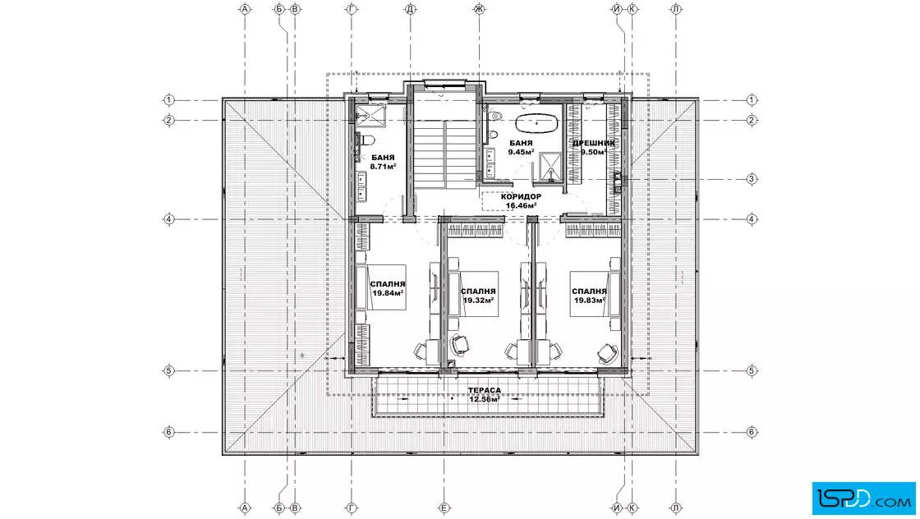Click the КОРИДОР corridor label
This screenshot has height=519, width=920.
pos(521,196)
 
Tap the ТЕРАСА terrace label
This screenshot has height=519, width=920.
pos(485,390)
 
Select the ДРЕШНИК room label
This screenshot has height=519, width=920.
pos(593,143)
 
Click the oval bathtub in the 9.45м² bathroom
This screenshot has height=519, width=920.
pos(537,124)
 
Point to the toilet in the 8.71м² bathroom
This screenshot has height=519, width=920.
pos(366,140)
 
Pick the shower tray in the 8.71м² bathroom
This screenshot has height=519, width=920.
pos(370,115)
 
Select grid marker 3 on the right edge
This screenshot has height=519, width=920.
pos(752,179)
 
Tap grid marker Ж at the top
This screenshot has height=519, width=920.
pos(480,9)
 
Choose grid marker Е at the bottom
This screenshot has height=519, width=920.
pos(444,508)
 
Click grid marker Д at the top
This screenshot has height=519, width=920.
pos(410,9)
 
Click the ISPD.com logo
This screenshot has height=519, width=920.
pos(863,498)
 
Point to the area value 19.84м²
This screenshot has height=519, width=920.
pos(388,292)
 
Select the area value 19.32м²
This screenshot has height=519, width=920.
pos(478,300)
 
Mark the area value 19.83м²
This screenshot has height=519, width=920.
pos(589,301)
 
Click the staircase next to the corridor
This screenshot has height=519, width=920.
pos(445,154)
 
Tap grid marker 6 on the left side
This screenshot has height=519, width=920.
pos(169,432)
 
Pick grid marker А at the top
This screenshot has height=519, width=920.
pos(245,9)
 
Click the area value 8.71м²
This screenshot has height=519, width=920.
pos(383,167)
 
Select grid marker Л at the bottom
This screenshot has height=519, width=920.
pos(676,508)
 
